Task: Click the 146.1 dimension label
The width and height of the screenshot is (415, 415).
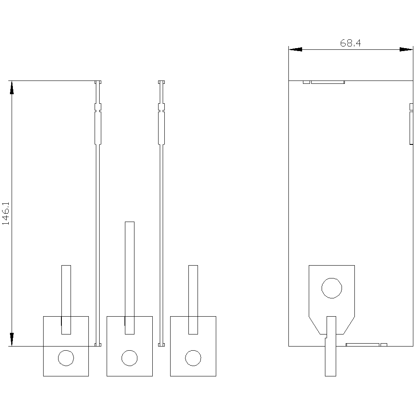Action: pos(5,214)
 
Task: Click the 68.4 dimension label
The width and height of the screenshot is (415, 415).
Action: pos(350,43)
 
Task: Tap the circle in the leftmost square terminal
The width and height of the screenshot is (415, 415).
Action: pos(66,358)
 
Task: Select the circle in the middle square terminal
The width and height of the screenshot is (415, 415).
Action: pos(129,358)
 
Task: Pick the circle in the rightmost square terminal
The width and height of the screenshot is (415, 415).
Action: pos(193,358)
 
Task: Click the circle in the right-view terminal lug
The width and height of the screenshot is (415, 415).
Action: pos(332,288)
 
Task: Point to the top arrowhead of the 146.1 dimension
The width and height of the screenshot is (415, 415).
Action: pos(12,88)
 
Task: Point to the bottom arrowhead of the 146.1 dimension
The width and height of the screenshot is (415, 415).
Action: pos(12,339)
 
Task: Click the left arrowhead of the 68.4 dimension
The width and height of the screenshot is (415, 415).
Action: pos(295,49)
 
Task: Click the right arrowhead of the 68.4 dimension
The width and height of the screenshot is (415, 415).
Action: pos(406,49)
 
